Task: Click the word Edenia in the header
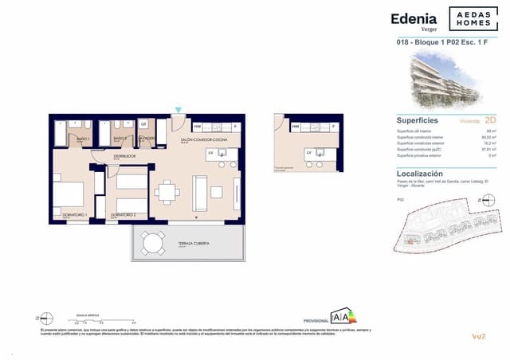pos(413,18)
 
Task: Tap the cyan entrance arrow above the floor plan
pos(178,110)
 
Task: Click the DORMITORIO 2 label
pos(124,215)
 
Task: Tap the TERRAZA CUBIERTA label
pos(177,244)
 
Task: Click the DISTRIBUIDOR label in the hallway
pos(124,156)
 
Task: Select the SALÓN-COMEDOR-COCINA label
pos(198,139)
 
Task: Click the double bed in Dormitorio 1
pos(69,196)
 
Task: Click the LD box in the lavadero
pos(143,124)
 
